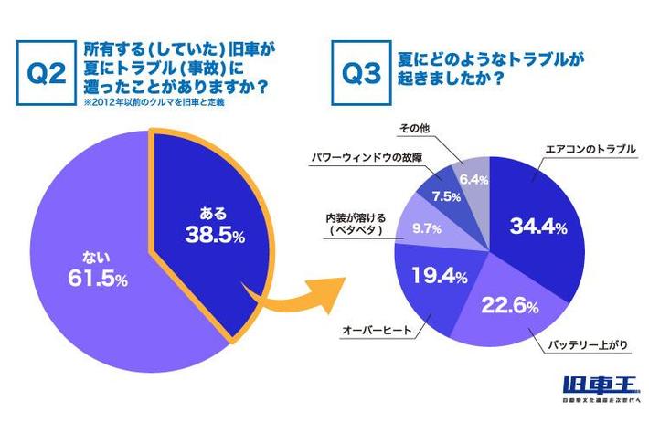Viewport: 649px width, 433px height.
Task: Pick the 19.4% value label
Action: (431, 274)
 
